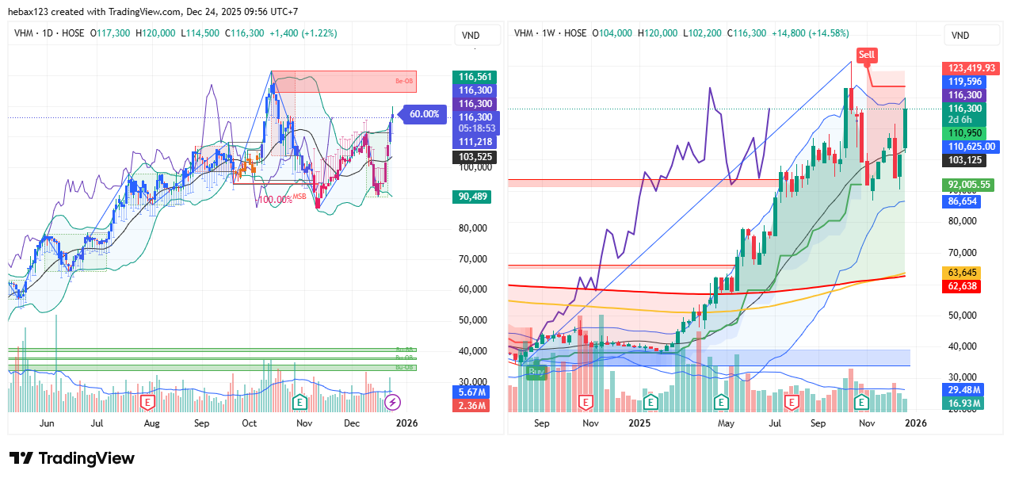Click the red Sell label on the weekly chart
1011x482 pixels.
click(x=867, y=55)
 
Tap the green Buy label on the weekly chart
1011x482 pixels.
click(x=536, y=370)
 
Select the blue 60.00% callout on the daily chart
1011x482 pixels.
click(x=424, y=114)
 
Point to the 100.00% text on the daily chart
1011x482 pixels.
click(x=275, y=200)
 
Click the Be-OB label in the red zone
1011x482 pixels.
click(x=405, y=81)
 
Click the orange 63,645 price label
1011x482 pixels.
click(x=963, y=273)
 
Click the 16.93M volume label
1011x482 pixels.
click(x=962, y=404)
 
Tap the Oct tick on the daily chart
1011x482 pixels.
click(x=250, y=423)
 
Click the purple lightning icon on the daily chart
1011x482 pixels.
click(x=392, y=403)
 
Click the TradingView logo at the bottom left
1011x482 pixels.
click(x=72, y=458)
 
